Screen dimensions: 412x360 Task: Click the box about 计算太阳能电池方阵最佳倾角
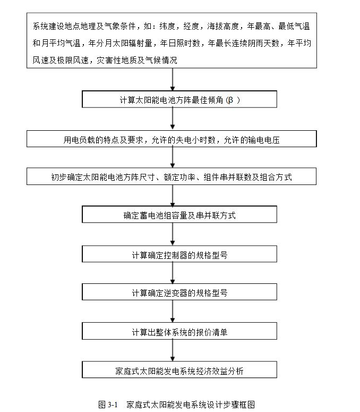(x=179, y=100)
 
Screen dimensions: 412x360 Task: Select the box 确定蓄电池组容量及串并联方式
(x=179, y=215)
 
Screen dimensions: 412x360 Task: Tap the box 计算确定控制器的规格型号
(x=179, y=255)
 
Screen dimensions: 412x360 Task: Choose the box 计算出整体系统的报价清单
(x=179, y=332)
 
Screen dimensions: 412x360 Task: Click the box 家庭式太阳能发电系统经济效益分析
(x=179, y=371)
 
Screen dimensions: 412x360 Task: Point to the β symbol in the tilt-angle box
(x=230, y=100)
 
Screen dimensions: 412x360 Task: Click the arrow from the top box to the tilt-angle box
(x=173, y=80)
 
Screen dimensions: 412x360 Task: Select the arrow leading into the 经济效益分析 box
(x=173, y=351)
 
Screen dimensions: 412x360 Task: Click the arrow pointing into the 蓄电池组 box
(x=173, y=196)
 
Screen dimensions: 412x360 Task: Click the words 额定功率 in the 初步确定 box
(x=179, y=177)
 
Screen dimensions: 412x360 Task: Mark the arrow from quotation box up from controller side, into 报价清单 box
(x=173, y=312)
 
